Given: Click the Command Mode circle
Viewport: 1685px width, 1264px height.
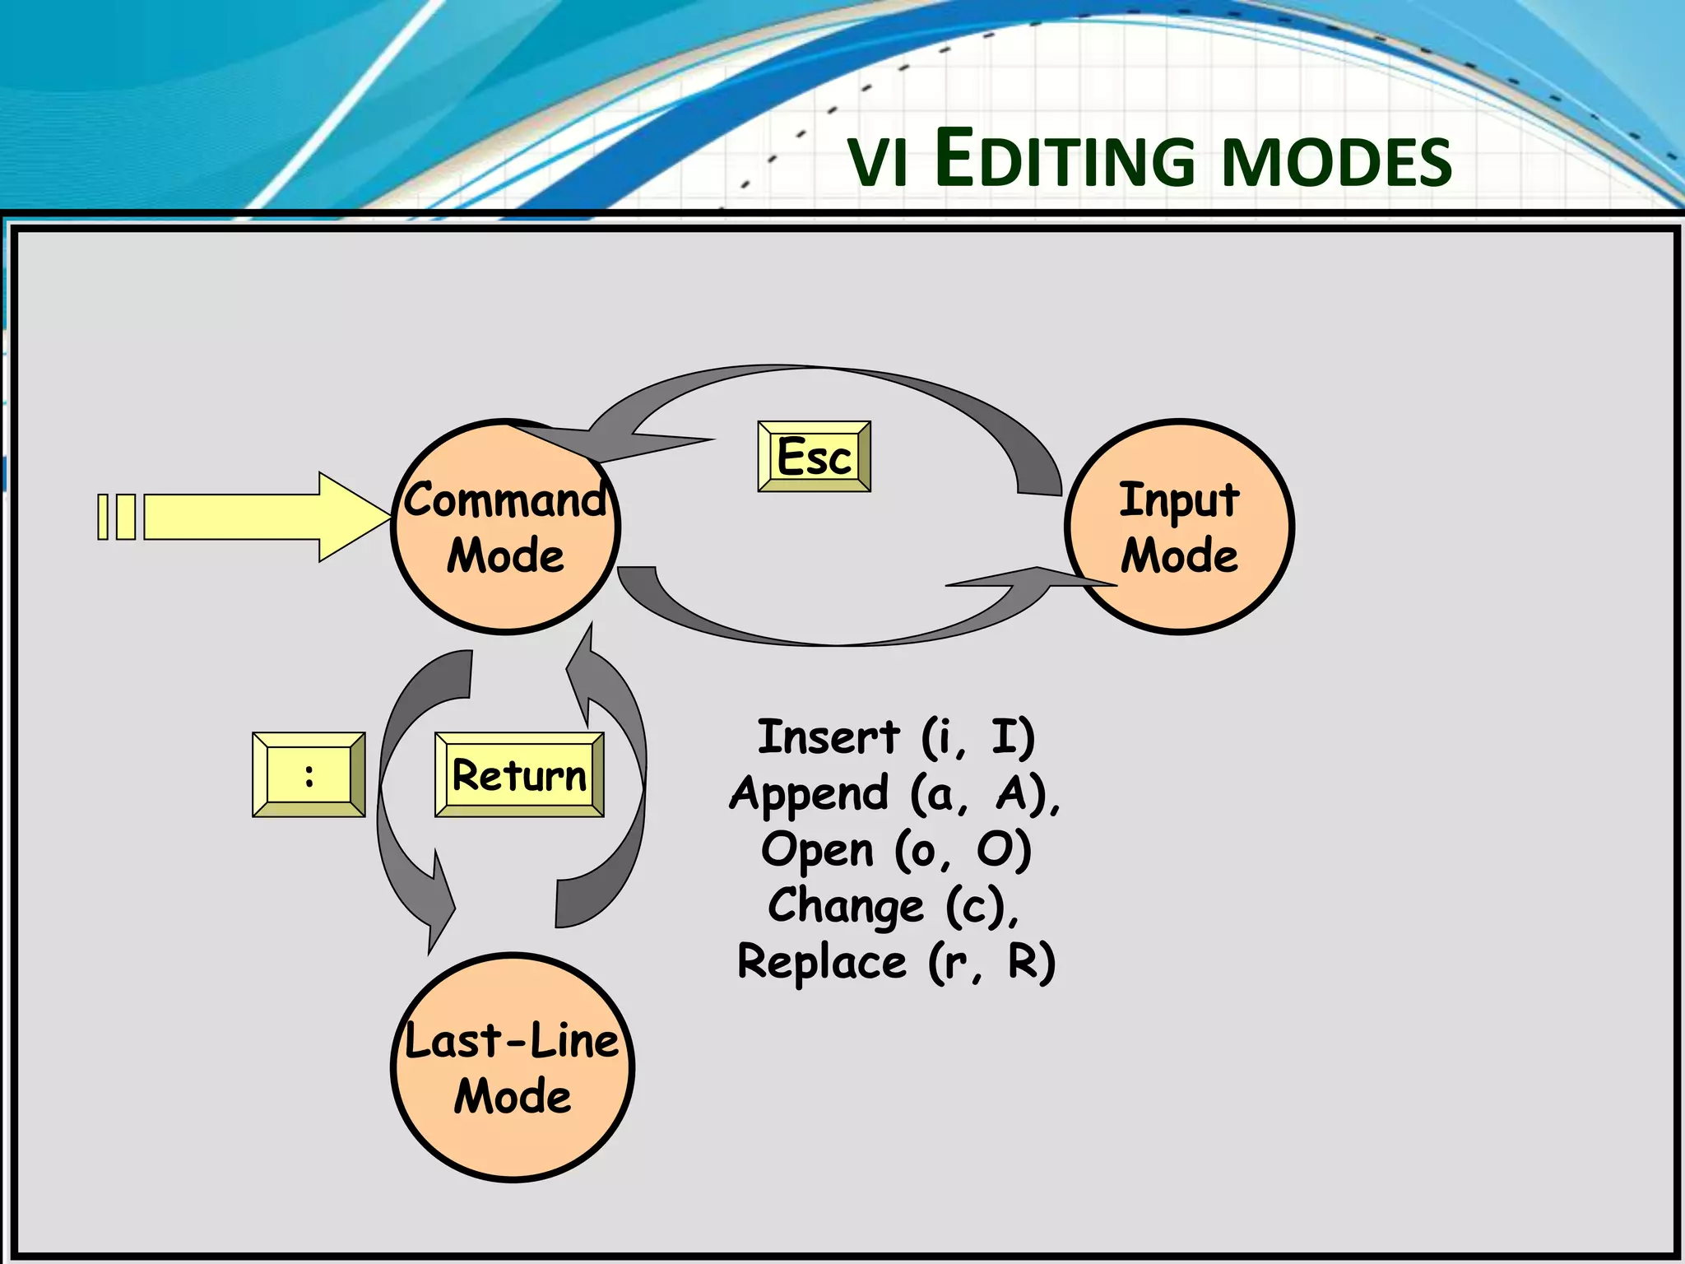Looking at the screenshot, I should pos(505,527).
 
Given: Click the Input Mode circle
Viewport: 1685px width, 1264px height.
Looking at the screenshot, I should pos(1179,527).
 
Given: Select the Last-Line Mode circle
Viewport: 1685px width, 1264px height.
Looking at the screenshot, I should pos(512,1067).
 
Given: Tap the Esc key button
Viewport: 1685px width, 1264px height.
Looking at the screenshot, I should pos(814,457).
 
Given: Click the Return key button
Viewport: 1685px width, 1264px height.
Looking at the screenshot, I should pos(519,774).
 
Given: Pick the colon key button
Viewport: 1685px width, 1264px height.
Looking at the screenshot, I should pos(309,774).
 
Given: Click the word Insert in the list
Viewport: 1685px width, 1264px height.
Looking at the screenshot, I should pos(828,737).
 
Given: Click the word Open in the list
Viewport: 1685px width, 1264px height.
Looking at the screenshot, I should pos(816,849).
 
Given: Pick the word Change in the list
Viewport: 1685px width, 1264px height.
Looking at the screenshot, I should pos(846,906).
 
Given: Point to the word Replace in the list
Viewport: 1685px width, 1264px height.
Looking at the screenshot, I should pos(821,962).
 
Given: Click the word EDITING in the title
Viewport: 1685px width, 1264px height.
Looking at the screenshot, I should pos(1065,161).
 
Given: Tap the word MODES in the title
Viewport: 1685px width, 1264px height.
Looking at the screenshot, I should pos(1338,163).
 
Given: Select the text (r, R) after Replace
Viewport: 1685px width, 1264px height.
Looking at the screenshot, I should pos(991,962).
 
